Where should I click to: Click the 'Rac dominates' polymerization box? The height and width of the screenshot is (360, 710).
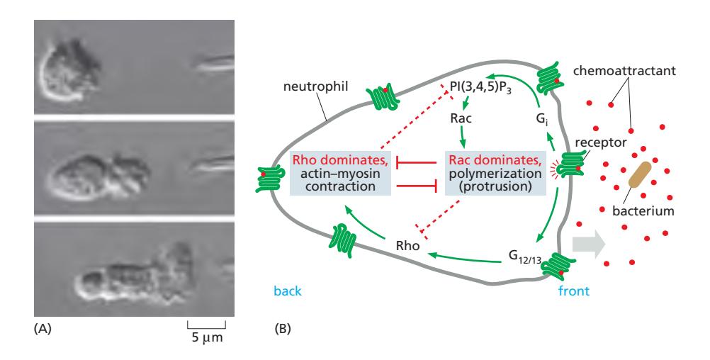click(495, 172)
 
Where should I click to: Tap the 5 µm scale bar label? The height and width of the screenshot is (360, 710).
click(206, 337)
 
